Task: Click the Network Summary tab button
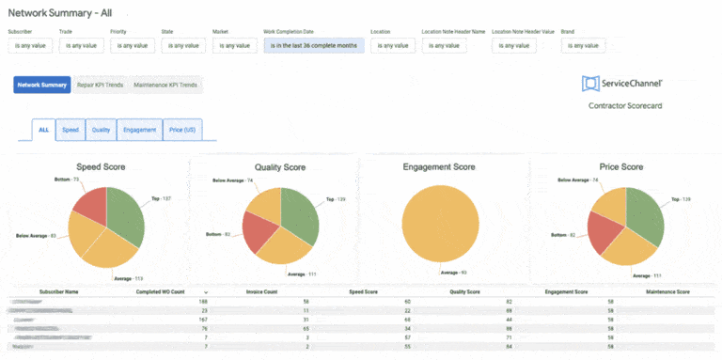point(41,85)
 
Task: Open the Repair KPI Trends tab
point(100,85)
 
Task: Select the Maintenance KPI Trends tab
point(165,85)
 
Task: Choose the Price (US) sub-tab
point(182,130)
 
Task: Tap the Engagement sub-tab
point(139,130)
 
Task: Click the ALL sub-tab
point(43,130)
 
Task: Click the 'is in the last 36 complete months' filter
point(313,45)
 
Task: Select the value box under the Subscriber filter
point(33,45)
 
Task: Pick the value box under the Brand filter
point(583,45)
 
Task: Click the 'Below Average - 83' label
point(36,235)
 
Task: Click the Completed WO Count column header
point(160,291)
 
